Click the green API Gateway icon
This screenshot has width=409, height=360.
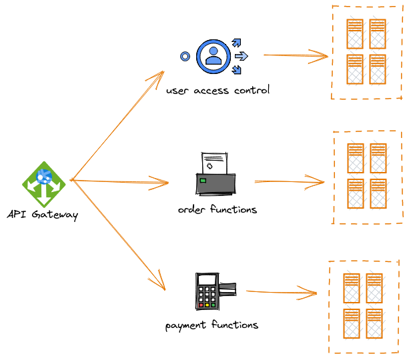coord(44,183)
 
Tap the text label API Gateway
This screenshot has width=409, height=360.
coord(43,215)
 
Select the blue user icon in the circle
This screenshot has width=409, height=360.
coord(214,56)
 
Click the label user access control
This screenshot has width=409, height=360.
coord(218,90)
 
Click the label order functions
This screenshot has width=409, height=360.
coord(217,209)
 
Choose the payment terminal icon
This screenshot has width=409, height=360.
coord(211,291)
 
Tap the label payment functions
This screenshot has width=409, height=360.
coord(212,325)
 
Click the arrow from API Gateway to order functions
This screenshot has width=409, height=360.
coord(120,181)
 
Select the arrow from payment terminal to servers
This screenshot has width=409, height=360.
coord(280,291)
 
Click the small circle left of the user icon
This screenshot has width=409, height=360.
coord(185,57)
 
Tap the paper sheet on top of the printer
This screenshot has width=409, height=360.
coord(214,162)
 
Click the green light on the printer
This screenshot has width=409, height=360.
coord(203,180)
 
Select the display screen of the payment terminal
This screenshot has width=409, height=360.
coord(208,279)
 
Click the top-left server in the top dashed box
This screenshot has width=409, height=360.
coord(355,33)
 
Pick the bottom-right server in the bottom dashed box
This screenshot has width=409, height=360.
coord(374,323)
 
